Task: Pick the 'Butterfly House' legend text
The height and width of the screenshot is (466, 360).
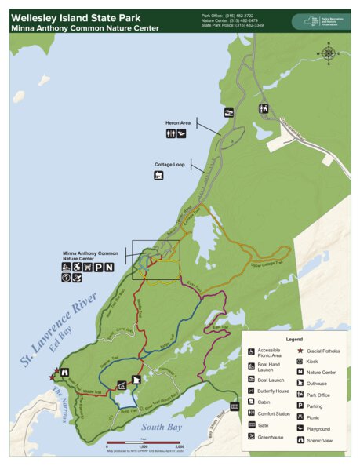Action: pos(271,390)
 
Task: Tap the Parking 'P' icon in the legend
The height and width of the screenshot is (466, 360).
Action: pos(301,406)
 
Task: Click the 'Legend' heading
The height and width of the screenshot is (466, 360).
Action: pos(295,338)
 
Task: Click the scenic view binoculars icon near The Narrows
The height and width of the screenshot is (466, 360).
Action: pos(66,372)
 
